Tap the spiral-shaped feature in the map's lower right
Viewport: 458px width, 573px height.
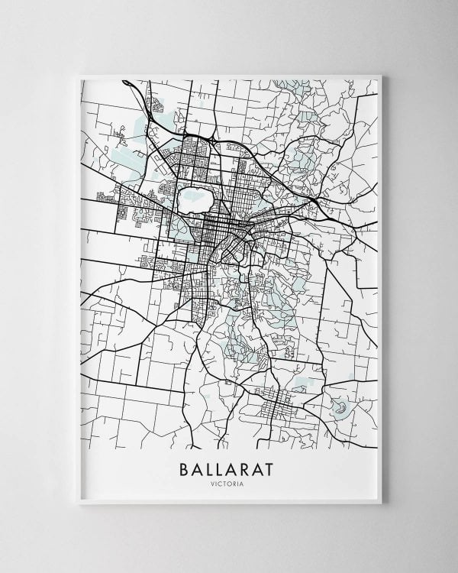click(341, 410)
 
